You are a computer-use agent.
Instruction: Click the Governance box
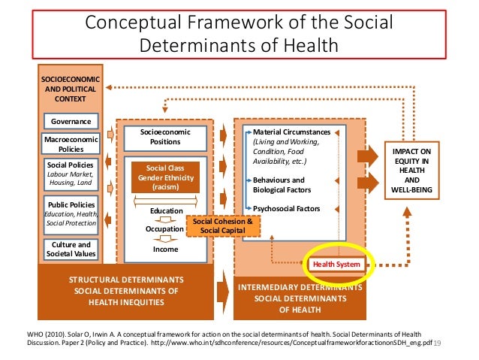point(71,121)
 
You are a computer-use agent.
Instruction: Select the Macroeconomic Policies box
point(71,143)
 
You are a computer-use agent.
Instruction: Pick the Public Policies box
point(71,213)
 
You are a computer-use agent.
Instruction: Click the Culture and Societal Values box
point(71,249)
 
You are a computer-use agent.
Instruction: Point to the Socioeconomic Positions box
point(166,136)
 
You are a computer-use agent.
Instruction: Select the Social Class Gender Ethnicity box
point(166,176)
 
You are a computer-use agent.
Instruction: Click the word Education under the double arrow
point(166,211)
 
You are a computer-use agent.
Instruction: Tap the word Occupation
point(164,228)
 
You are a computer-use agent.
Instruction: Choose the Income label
point(166,248)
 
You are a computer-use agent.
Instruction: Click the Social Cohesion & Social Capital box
point(223,225)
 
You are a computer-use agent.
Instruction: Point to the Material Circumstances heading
point(291,132)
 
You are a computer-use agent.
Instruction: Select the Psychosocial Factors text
point(287,208)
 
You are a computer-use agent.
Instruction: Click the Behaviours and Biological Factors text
point(279,185)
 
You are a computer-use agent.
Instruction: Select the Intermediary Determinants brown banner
point(300,298)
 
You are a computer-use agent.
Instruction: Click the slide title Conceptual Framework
point(239,35)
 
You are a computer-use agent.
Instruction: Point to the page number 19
point(439,343)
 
